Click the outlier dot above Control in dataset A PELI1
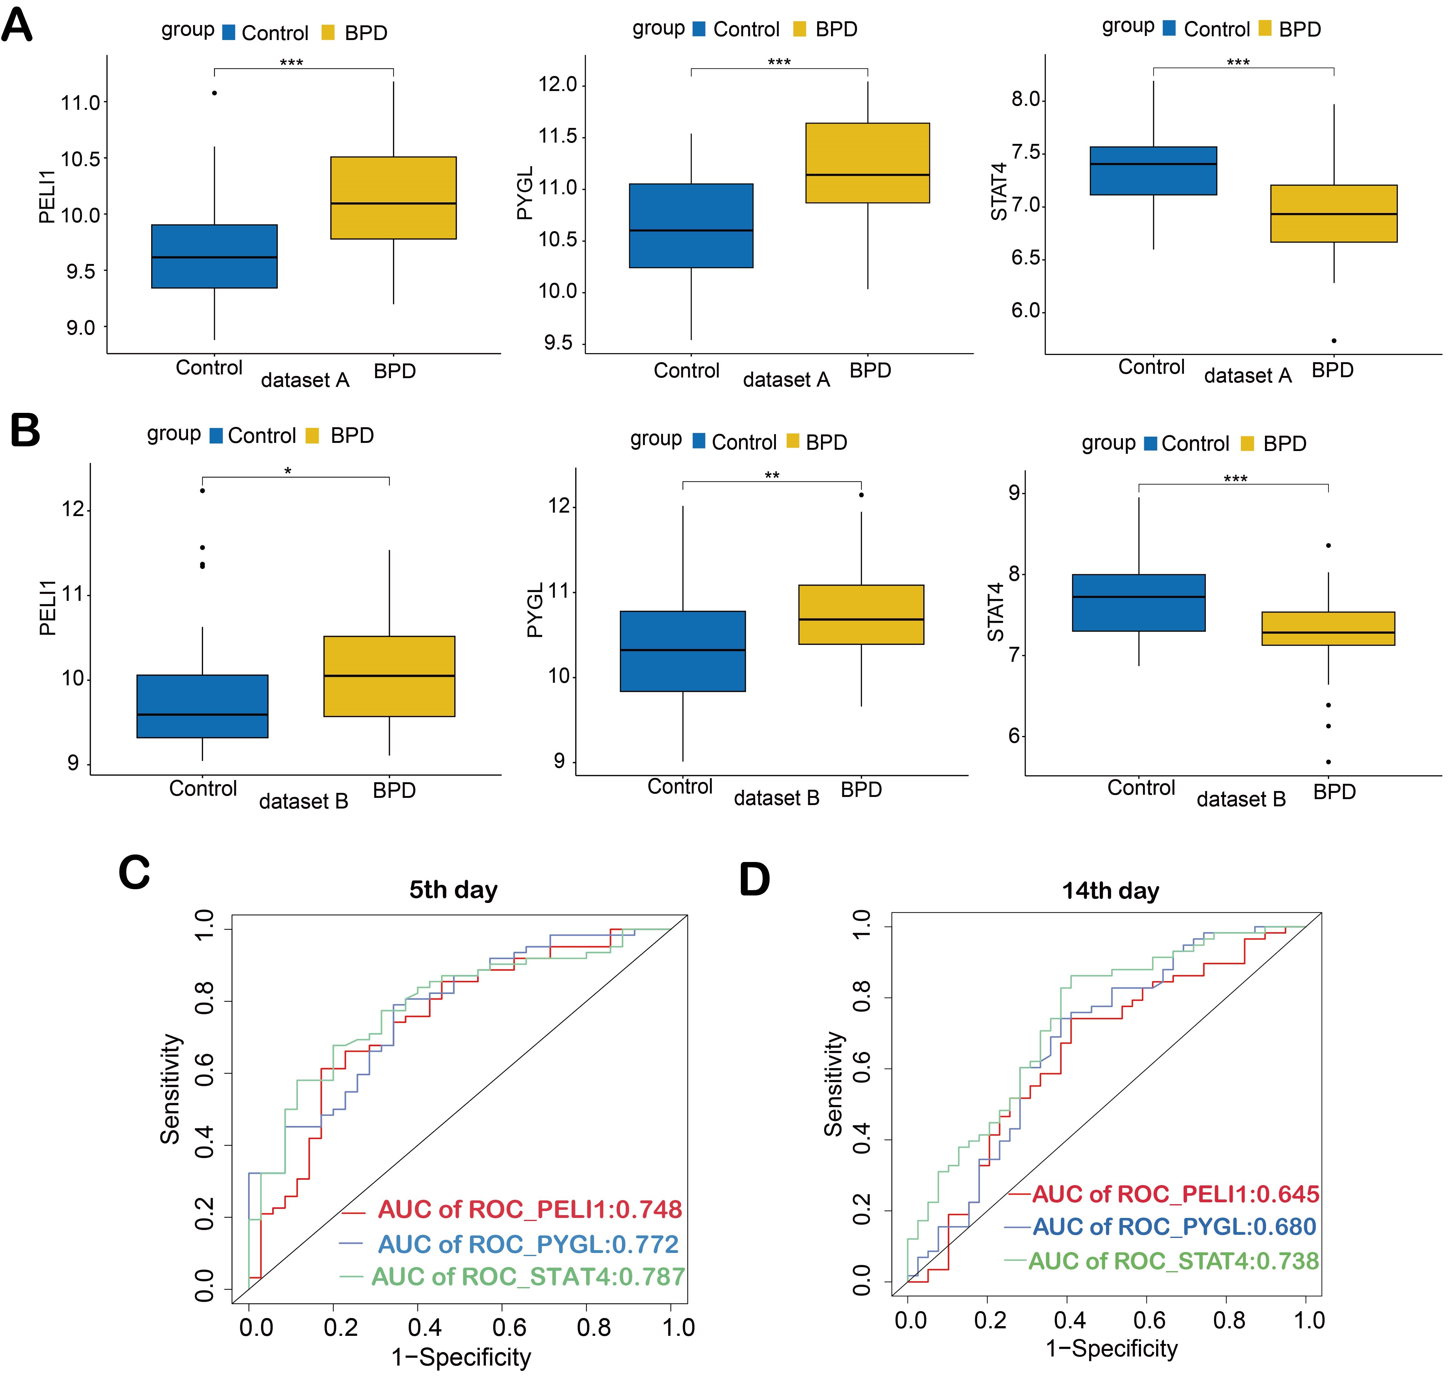(214, 93)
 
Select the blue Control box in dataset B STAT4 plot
(1138, 603)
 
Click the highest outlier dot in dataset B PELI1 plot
(202, 490)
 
